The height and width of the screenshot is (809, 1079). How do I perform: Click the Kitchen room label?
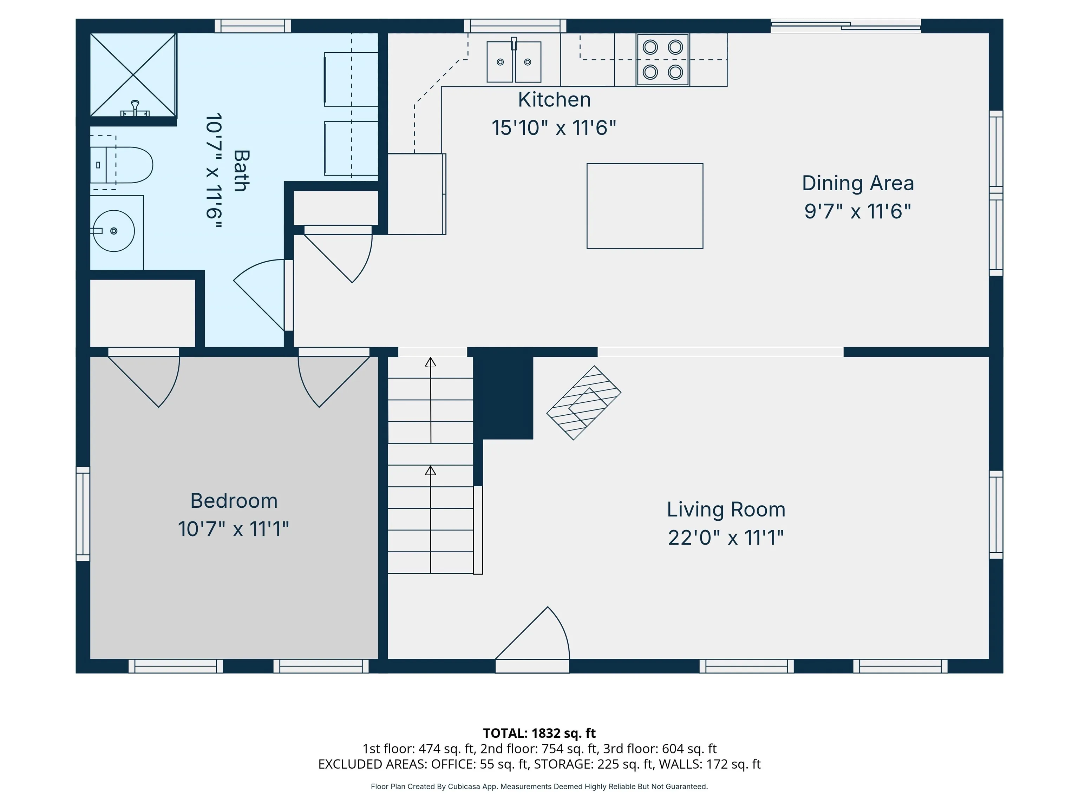(x=554, y=100)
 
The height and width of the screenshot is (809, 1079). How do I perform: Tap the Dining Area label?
(x=858, y=183)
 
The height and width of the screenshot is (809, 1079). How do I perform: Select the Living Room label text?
(x=726, y=509)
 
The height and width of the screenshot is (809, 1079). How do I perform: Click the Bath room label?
(x=241, y=170)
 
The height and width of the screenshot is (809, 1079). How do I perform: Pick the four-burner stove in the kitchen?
(x=662, y=59)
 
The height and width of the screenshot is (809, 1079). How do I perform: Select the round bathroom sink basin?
(x=114, y=231)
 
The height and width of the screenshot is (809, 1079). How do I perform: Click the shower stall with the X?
(x=133, y=75)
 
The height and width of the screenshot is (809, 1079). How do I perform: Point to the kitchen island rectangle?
(x=645, y=206)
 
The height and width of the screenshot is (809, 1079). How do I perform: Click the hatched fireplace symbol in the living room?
(x=583, y=403)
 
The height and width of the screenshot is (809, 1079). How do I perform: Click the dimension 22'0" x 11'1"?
(x=726, y=538)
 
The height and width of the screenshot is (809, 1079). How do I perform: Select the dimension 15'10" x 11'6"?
(x=554, y=128)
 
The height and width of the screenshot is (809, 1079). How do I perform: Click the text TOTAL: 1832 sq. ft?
(x=539, y=734)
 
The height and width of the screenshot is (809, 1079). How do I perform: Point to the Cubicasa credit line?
(x=539, y=787)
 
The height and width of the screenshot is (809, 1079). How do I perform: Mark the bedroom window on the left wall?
(x=83, y=514)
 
